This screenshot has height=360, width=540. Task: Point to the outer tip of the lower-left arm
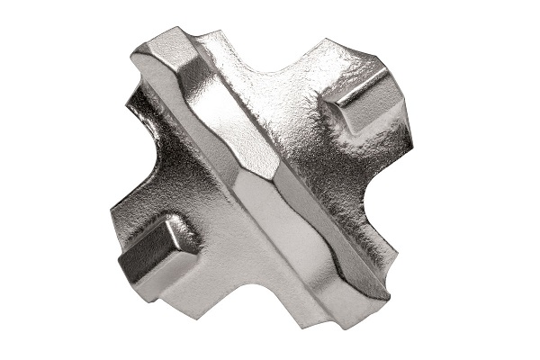121,256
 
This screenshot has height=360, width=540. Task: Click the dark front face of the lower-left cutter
144,256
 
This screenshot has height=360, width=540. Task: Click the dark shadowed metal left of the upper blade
153,117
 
